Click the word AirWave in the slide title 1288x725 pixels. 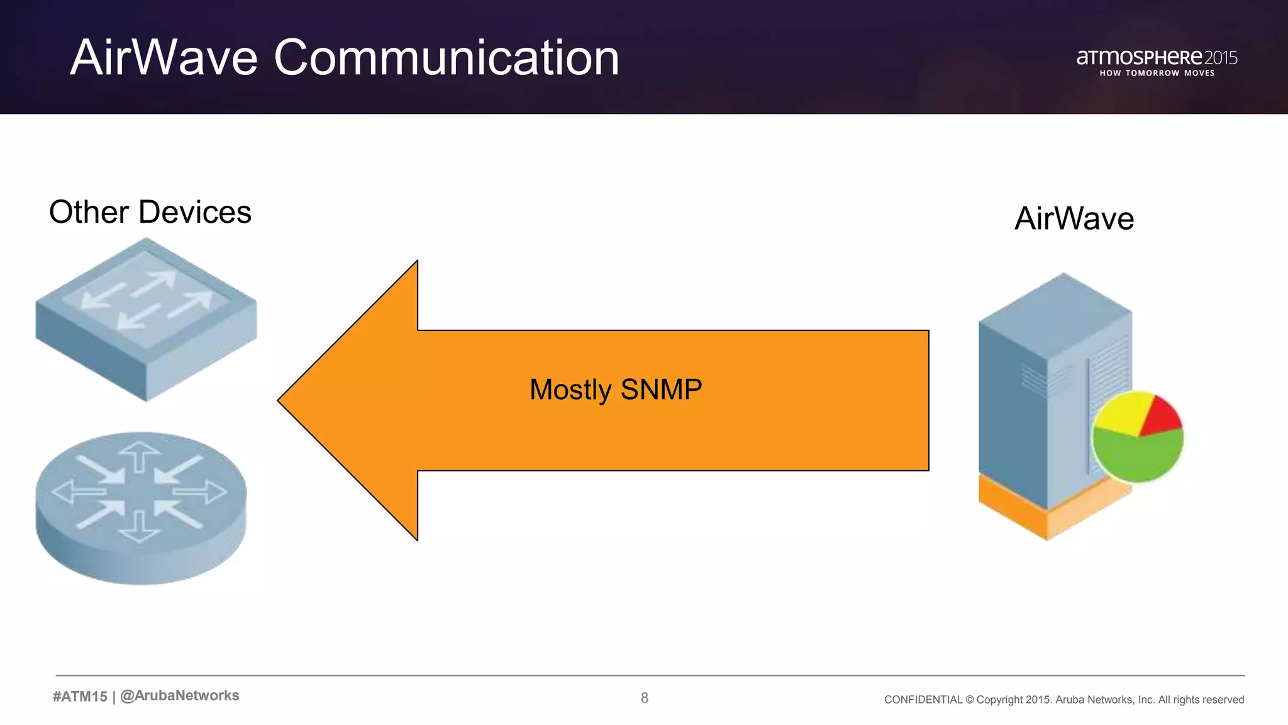164,58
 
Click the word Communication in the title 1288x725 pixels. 447,58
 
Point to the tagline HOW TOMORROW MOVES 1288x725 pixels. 1157,74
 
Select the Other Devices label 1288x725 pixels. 150,212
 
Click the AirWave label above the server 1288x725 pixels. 1074,219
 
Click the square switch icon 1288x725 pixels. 146,318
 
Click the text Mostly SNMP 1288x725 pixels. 616,390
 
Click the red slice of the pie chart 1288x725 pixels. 1161,417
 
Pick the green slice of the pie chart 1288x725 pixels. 1138,456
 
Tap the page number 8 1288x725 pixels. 644,697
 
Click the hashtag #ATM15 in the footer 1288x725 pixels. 80,696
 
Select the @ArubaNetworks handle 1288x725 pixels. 179,695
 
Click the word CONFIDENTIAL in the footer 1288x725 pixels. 923,700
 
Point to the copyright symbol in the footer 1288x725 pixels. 969,700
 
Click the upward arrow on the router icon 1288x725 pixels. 140,454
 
